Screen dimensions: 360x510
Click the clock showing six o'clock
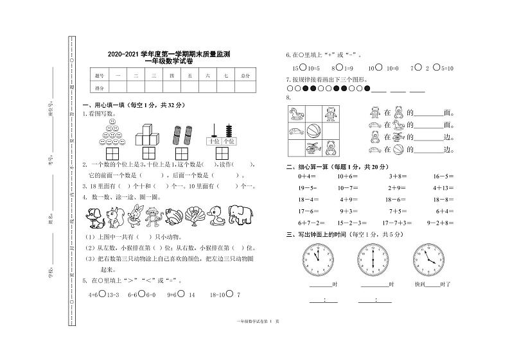point(373,258)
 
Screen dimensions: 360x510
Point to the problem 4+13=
point(443,187)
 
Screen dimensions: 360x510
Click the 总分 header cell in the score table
point(245,76)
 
